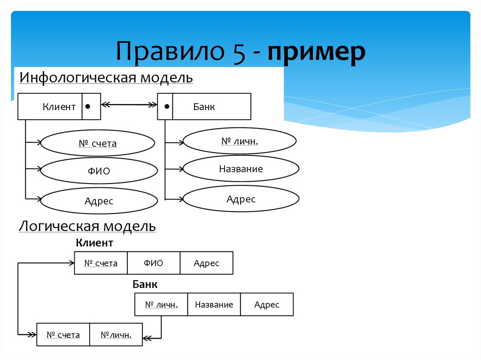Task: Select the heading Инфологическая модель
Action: coord(106,77)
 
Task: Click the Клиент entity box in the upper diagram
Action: coord(51,107)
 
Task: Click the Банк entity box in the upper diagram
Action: coord(211,107)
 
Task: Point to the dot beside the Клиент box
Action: coord(88,107)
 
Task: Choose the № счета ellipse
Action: coord(97,143)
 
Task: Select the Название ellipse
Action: coord(241,169)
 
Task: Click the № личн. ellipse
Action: coord(240,140)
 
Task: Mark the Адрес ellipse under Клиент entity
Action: coord(99,201)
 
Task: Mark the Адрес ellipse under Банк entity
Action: coord(241,199)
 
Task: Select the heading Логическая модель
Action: coord(87,227)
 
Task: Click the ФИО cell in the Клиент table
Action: coord(154,263)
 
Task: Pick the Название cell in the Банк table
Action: coord(214,305)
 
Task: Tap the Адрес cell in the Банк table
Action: coord(267,305)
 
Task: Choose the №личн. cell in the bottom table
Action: coord(116,335)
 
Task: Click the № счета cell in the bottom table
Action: coord(63,335)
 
